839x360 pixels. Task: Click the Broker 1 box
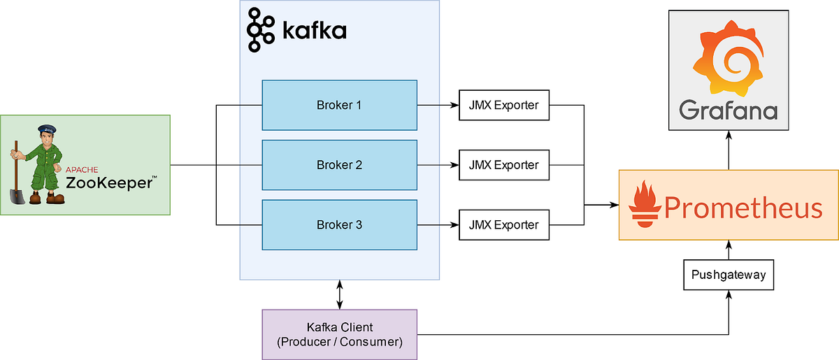coord(339,106)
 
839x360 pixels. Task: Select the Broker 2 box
coord(339,165)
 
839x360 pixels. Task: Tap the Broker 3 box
coord(339,225)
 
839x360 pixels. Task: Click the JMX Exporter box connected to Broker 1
coord(503,106)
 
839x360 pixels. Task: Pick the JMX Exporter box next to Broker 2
coord(503,165)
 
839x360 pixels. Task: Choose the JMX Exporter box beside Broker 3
coord(503,225)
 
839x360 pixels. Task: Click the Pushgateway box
coord(729,275)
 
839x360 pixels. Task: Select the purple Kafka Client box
coord(339,334)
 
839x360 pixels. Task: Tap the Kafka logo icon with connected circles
coord(260,30)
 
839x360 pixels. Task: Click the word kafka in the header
coord(314,31)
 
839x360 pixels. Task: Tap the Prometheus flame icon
coord(643,206)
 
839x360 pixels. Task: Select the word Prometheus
coord(743,208)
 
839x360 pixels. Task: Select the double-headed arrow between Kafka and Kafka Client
coord(339,295)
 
